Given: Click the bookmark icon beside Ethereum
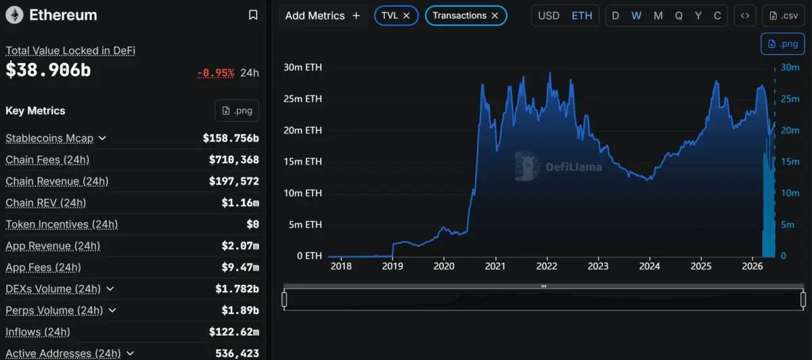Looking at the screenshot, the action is click(253, 15).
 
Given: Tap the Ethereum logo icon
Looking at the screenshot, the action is click(14, 15).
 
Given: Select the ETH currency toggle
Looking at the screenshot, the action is click(582, 16).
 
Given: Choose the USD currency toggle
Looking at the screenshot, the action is click(549, 16).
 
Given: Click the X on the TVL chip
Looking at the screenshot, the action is click(407, 16).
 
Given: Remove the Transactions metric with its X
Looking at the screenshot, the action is click(495, 16).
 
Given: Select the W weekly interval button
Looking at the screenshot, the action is click(636, 16).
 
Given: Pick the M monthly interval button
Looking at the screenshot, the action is click(658, 16).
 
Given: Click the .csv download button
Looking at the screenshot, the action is click(784, 16).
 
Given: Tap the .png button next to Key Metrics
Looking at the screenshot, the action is click(237, 110).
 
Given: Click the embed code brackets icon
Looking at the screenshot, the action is click(745, 16).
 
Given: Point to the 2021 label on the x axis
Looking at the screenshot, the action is click(495, 266).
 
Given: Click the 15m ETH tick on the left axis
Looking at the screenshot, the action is click(302, 162).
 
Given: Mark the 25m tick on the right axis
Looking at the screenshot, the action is click(790, 99).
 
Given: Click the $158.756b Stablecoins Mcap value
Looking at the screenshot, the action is click(231, 138).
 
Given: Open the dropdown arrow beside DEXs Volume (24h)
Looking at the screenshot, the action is click(110, 289).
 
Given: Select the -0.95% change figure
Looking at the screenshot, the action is click(215, 73).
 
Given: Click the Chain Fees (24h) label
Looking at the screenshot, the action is click(47, 160).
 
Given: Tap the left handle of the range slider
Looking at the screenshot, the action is click(284, 300).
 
